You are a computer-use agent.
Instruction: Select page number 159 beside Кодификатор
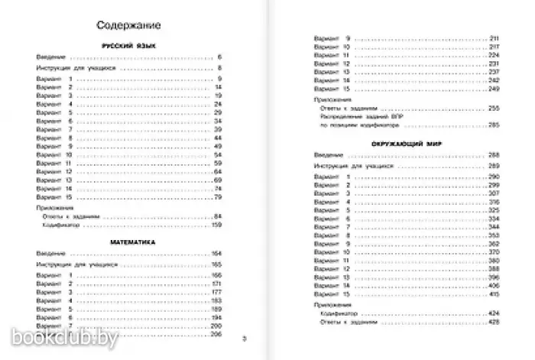pos(216,225)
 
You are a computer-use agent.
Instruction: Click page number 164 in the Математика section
pos(216,252)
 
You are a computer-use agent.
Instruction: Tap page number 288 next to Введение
pos(493,155)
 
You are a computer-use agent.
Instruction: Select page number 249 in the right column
pos(493,87)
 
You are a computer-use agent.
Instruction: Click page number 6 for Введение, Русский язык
pos(219,58)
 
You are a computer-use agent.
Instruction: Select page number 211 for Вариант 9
pos(494,38)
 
